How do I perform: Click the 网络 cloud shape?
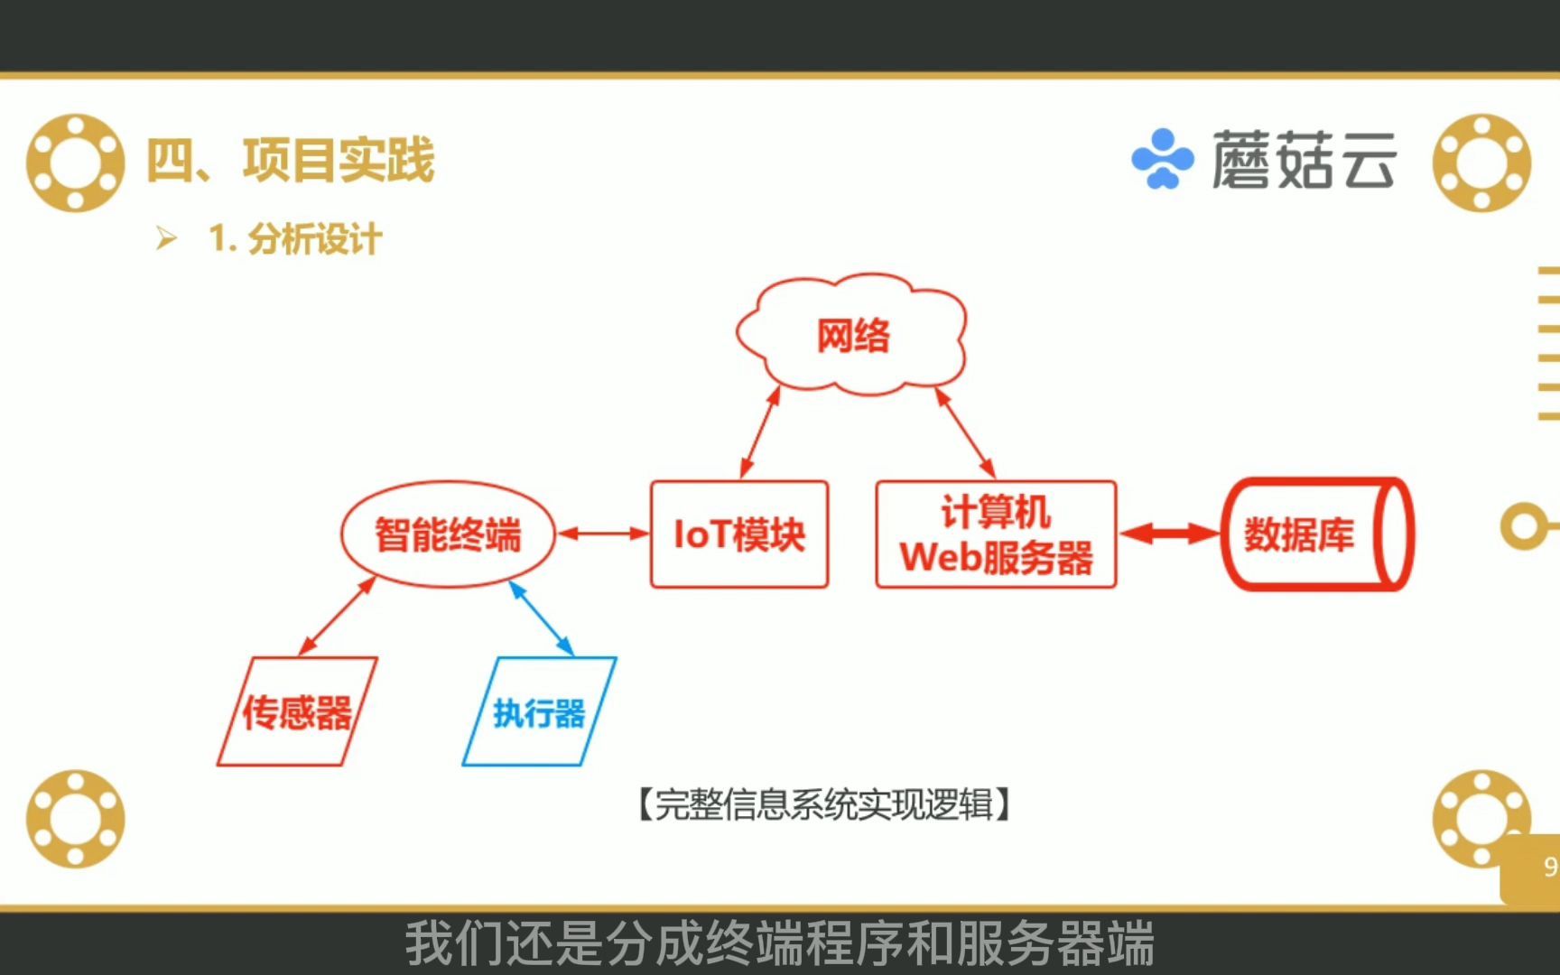[852, 336]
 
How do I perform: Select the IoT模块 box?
[738, 534]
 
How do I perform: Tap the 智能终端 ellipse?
[448, 534]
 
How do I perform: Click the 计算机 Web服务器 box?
[996, 534]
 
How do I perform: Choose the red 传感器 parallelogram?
[297, 712]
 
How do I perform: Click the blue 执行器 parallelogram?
[539, 712]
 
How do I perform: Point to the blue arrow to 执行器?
[542, 618]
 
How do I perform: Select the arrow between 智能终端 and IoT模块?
[602, 534]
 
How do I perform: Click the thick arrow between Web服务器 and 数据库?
[1169, 534]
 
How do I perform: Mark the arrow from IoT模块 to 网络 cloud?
[760, 432]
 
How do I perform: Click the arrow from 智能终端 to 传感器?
[337, 617]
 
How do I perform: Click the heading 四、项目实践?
[291, 161]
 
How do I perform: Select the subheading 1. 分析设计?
[295, 239]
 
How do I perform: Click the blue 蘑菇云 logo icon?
[1162, 160]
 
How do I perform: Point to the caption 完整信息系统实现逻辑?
[823, 803]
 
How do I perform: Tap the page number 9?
[1549, 868]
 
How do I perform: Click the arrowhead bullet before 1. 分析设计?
[166, 238]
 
